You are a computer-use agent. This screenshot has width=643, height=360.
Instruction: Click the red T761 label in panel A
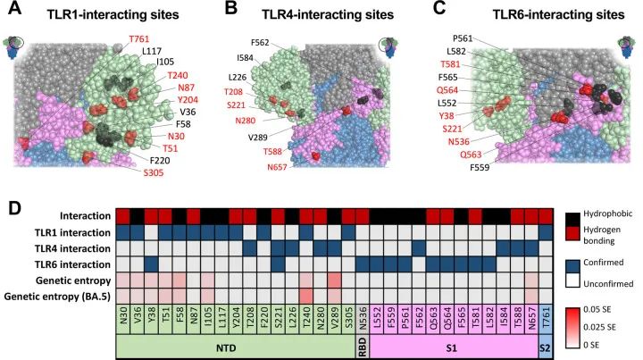tap(138, 40)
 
